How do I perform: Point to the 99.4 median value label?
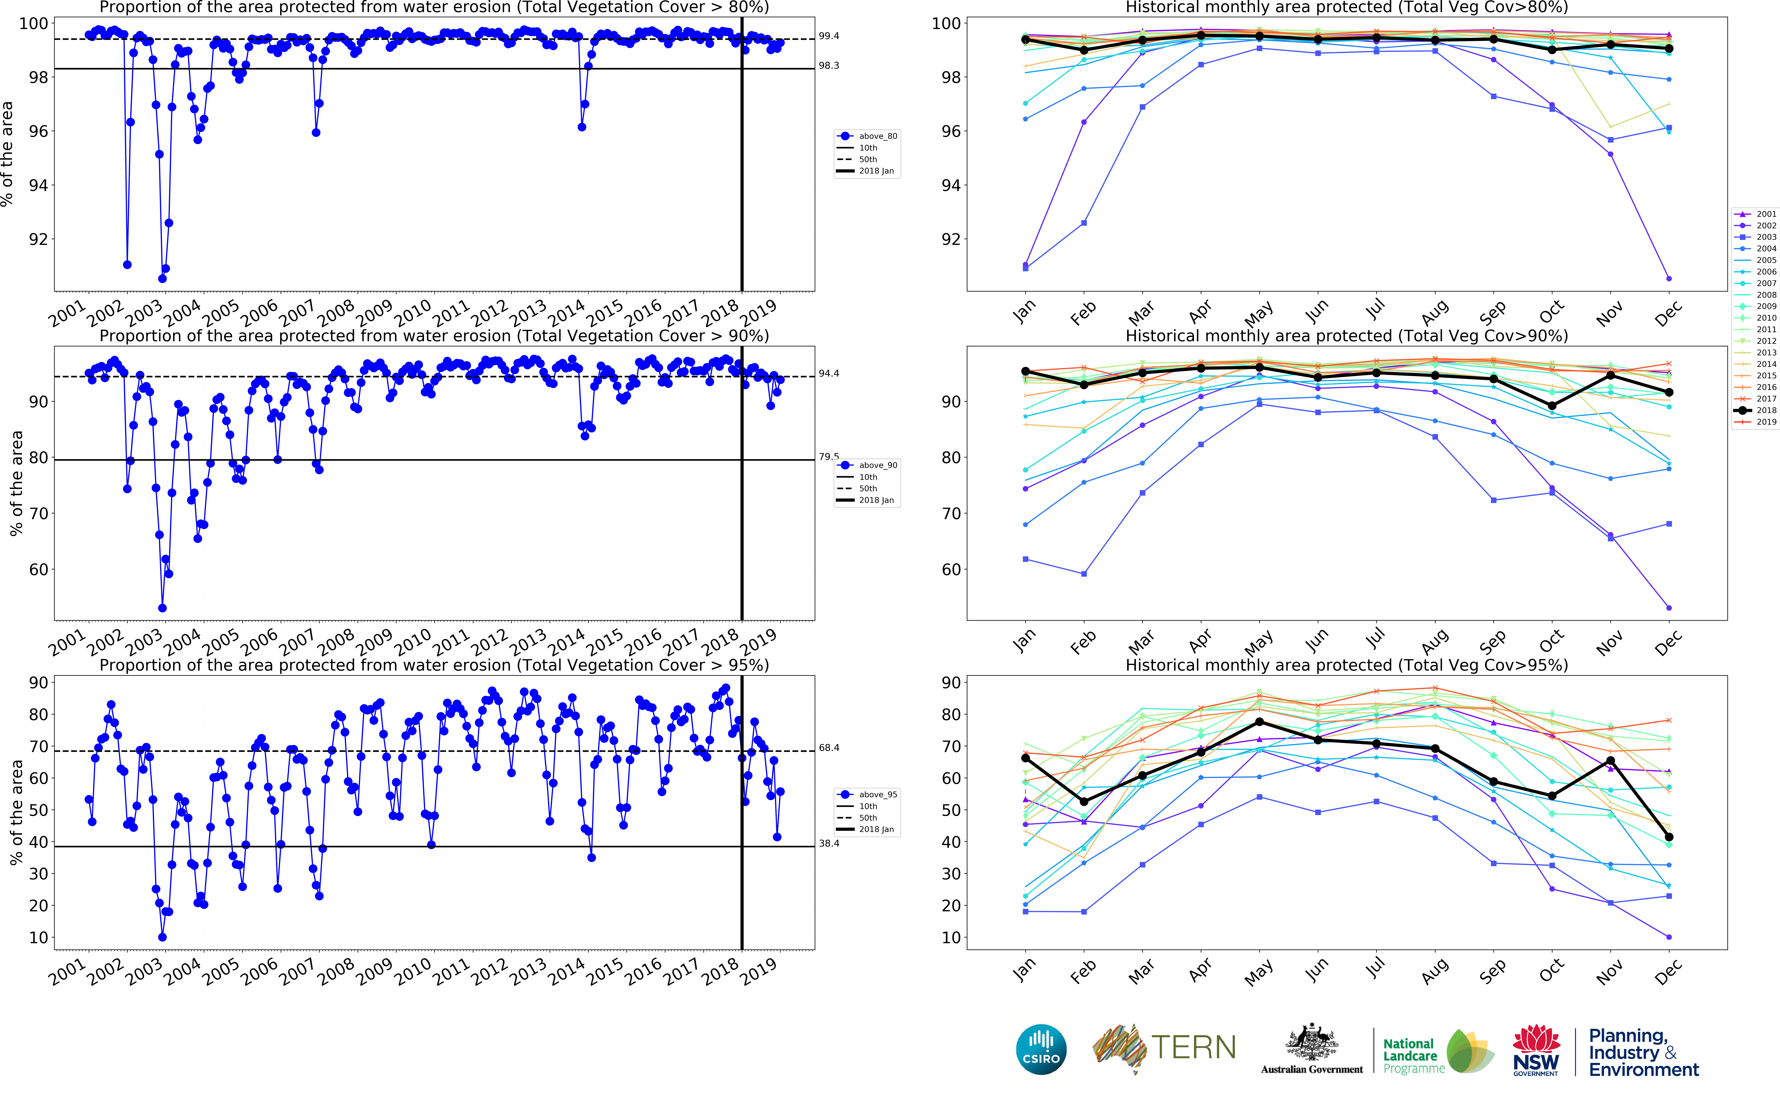tap(829, 35)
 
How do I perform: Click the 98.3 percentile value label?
tap(829, 65)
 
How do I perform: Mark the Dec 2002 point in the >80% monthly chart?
tap(1668, 278)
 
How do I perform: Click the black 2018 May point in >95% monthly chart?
tap(1259, 722)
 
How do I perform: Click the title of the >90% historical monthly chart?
tap(1346, 336)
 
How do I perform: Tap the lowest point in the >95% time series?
tap(162, 937)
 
